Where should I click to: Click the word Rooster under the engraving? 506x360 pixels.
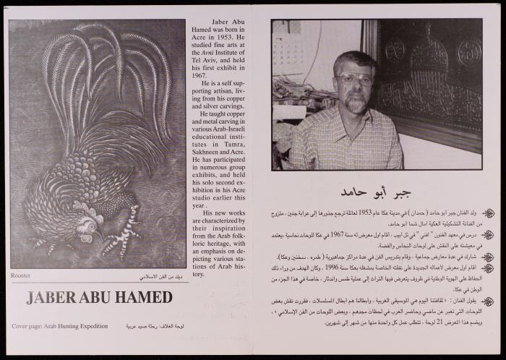click(x=20, y=276)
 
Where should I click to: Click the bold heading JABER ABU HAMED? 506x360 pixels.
click(x=99, y=297)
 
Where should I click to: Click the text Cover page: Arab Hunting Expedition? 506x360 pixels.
click(x=60, y=327)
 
